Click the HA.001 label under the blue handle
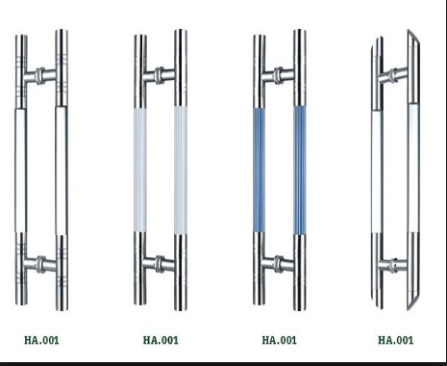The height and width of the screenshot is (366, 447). pos(279,340)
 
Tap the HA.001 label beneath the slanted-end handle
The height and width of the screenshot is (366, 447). pos(395,340)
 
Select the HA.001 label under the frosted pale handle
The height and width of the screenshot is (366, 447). pos(161,340)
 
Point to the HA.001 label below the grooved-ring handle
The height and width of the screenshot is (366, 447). pos(41,340)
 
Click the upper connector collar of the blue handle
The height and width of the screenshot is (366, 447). pos(279,75)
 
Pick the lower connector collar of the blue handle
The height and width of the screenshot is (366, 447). pos(279,264)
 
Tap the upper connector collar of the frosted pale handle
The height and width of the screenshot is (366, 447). pos(160,75)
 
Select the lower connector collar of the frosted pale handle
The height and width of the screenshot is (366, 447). pos(160,264)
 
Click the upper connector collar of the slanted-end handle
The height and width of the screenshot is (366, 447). pos(393,76)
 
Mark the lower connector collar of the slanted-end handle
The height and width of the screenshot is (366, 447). pos(393,266)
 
